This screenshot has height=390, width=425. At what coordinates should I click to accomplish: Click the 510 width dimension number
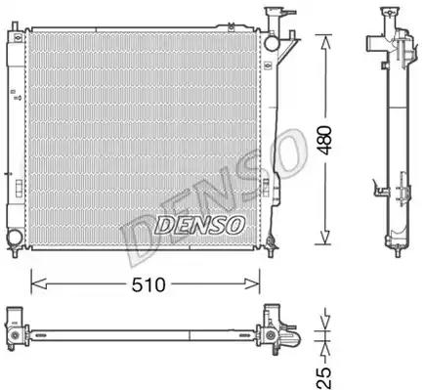pyautogui.click(x=149, y=284)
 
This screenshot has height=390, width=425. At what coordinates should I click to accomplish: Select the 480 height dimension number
pyautogui.click(x=325, y=140)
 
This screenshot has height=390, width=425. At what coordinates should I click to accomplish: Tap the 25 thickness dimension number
pyautogui.click(x=323, y=377)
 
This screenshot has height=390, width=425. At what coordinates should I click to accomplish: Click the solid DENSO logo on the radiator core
pyautogui.click(x=199, y=225)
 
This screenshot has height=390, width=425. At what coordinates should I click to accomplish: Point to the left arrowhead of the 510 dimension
pyautogui.click(x=39, y=283)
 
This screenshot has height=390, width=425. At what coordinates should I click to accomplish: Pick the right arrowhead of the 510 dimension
pyautogui.click(x=252, y=283)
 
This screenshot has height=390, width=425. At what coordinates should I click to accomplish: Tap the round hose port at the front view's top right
pyautogui.click(x=272, y=43)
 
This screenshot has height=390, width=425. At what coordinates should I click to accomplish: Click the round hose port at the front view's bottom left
pyautogui.click(x=15, y=237)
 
